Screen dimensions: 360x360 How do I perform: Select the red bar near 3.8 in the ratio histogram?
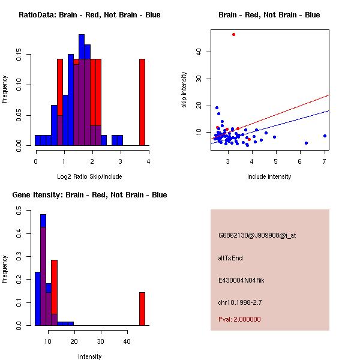click(142, 102)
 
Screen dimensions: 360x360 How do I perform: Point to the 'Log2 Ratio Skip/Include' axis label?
click(89, 176)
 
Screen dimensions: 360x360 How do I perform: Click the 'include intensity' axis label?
click(269, 176)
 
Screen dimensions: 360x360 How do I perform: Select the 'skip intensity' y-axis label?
click(185, 90)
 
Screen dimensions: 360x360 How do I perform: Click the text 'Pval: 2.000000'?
click(239, 319)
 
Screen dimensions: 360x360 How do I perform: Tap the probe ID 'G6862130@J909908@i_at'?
click(257, 235)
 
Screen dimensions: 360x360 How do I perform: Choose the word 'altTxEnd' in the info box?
click(230, 258)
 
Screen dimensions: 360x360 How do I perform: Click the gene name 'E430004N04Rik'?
click(241, 280)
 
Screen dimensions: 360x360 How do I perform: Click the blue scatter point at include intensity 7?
click(325, 136)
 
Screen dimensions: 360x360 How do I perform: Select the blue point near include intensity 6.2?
click(306, 143)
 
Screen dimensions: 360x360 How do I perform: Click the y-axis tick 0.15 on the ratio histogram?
click(20, 58)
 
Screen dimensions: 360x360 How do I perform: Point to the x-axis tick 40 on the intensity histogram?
click(127, 341)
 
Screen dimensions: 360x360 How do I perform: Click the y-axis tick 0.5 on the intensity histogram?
click(20, 211)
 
